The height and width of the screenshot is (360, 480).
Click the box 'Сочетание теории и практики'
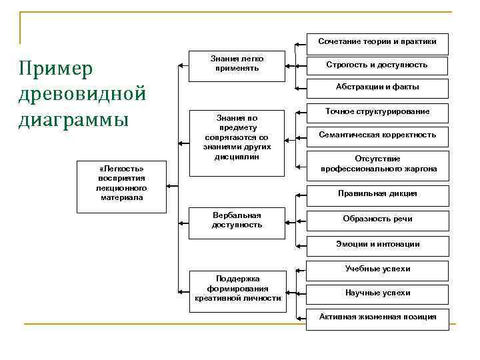click(x=377, y=43)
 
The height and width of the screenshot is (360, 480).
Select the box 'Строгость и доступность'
click(x=377, y=65)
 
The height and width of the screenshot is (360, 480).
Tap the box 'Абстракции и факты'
click(x=377, y=87)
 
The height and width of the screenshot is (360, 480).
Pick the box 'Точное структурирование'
click(x=377, y=111)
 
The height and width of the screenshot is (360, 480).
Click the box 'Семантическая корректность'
click(x=377, y=135)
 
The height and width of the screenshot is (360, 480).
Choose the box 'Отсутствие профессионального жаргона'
click(x=377, y=164)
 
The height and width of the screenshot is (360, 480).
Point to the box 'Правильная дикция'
click(x=377, y=194)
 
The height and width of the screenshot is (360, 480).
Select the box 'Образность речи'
click(x=377, y=219)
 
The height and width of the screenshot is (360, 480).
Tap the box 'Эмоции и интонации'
click(x=377, y=244)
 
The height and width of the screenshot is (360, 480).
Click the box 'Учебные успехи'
click(x=377, y=269)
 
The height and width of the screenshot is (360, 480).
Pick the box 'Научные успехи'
click(x=377, y=293)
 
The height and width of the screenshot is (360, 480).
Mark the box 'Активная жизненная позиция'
click(x=377, y=317)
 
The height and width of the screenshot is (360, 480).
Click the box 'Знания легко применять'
click(x=237, y=65)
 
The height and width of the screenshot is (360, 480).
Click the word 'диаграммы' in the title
click(x=73, y=121)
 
